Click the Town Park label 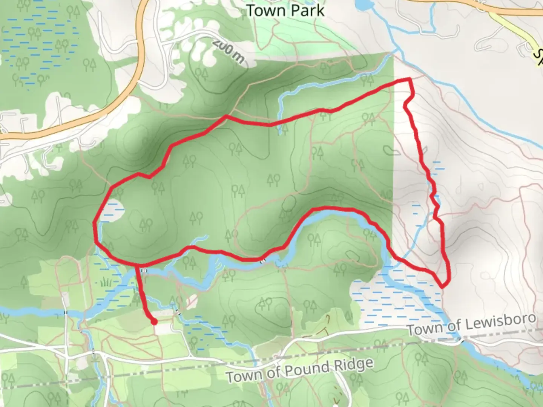point(285,11)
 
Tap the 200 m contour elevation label point(228,51)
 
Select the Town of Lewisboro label point(471,324)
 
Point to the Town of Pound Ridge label point(300,370)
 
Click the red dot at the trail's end point(154,322)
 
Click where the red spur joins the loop point(137,266)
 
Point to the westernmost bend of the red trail point(95,223)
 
